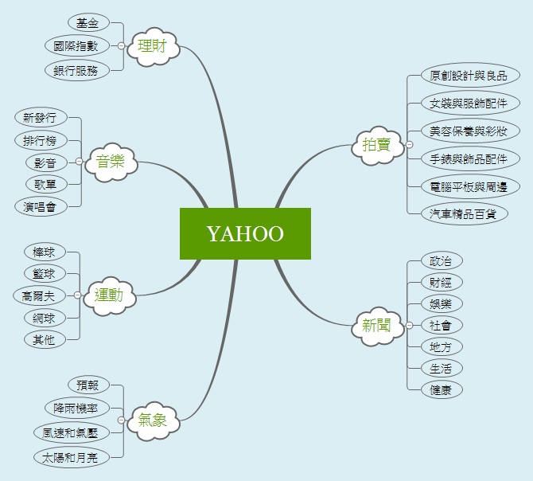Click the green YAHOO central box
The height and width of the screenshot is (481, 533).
tap(245, 233)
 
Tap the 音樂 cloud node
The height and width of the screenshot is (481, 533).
tap(111, 162)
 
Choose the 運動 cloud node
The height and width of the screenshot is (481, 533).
tap(109, 295)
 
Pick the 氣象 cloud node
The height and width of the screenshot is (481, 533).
tap(153, 419)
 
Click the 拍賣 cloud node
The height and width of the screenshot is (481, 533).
tap(376, 144)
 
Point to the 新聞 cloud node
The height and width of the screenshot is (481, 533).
tap(376, 325)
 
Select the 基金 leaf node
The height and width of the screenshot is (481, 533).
tap(88, 22)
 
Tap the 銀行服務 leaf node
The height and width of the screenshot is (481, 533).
tap(76, 70)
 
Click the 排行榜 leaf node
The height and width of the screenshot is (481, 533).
tap(40, 141)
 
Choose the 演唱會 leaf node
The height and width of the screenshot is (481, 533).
tap(40, 206)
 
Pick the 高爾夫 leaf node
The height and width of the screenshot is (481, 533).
tap(33, 295)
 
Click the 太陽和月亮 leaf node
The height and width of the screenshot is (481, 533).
tap(70, 457)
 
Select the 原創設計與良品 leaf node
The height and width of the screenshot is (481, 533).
tap(469, 76)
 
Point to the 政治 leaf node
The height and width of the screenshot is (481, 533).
tap(441, 260)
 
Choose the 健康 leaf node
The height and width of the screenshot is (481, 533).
tap(441, 390)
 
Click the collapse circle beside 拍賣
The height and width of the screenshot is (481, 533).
tap(410, 144)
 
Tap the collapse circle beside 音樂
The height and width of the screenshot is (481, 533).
tap(79, 162)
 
